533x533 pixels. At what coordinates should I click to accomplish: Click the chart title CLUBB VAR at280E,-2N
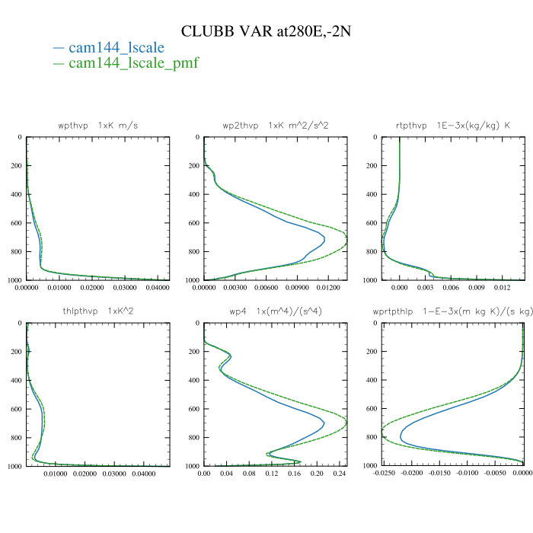coord(266,31)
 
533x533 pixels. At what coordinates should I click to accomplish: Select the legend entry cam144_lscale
coord(116,47)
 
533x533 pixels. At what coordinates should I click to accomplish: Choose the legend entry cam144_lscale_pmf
coord(133,62)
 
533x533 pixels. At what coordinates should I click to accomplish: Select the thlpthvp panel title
coord(98,311)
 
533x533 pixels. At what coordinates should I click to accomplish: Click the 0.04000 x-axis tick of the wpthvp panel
coord(158,288)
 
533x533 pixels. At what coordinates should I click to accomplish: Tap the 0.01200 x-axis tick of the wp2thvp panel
coord(324,288)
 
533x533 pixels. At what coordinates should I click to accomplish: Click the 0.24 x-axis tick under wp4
coord(340,474)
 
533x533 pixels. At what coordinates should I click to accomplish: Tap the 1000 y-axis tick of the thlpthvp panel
coord(14,466)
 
